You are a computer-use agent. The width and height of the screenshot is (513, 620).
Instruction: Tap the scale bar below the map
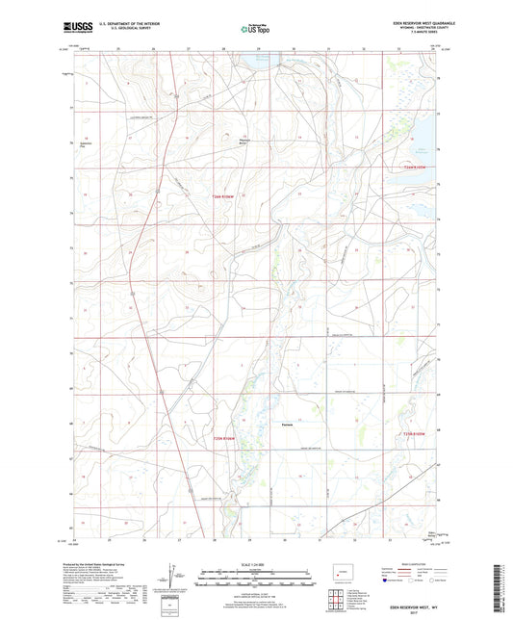[256, 581]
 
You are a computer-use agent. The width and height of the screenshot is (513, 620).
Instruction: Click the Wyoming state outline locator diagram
[342, 578]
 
